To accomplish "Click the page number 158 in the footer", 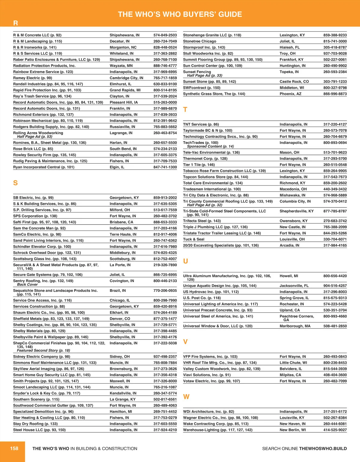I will pyautogui.click(x=14, y=448).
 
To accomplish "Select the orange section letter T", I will pyautogui.click(x=185, y=110).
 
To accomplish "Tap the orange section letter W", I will pyautogui.click(x=186, y=397).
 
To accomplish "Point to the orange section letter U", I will pyautogui.click(x=186, y=261).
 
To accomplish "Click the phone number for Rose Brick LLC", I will pyautogui.click(x=165, y=149).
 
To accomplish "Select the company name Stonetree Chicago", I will pyautogui.click(x=199, y=41).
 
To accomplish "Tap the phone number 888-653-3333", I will pyautogui.click(x=165, y=222).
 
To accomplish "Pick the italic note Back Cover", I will pyautogui.click(x=27, y=285).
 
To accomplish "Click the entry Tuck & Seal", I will pyautogui.click(x=193, y=239).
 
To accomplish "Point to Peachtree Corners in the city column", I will pyautogui.click(x=297, y=316).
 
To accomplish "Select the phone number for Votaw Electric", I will pyautogui.click(x=335, y=381).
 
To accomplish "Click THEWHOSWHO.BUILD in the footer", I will pyautogui.click(x=323, y=449).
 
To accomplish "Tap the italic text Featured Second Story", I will pyautogui.click(x=43, y=350).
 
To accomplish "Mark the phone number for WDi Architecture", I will pyautogui.click(x=335, y=412).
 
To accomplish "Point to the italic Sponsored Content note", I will pyautogui.click(x=210, y=146).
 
